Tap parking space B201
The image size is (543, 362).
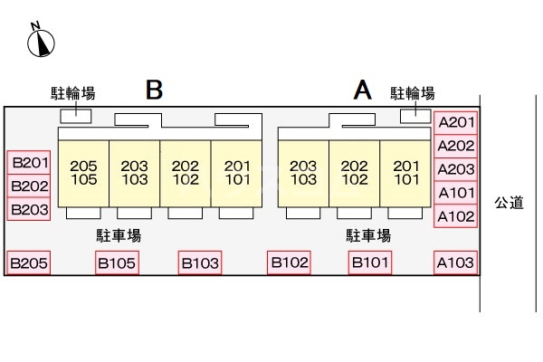(28, 163)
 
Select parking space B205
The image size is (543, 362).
(28, 263)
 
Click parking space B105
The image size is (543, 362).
(117, 263)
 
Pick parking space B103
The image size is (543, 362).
(200, 263)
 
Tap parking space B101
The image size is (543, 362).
(371, 262)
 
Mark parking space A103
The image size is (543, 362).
(455, 263)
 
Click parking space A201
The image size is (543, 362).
(455, 122)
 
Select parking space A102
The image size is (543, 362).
(455, 216)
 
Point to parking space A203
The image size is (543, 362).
(455, 169)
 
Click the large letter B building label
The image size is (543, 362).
(154, 90)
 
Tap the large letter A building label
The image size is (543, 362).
(362, 90)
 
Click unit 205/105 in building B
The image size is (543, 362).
(83, 172)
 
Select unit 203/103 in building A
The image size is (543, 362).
(303, 172)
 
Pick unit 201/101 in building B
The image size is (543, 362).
(236, 172)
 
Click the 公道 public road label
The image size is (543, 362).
(509, 204)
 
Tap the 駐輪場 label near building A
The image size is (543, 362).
(412, 93)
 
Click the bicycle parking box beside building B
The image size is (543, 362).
(75, 115)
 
